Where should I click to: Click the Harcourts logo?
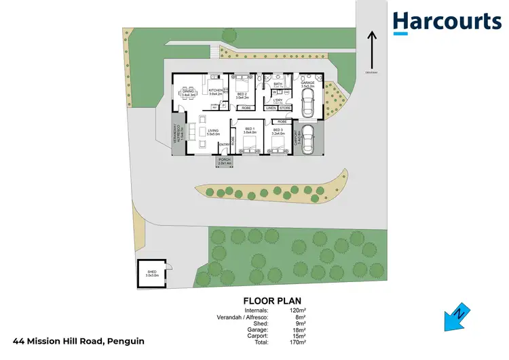point(447,22)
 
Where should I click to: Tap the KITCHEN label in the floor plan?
point(216,91)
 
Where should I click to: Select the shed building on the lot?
point(152,273)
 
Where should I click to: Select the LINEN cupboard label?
point(271,107)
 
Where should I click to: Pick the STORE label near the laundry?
point(286,107)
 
